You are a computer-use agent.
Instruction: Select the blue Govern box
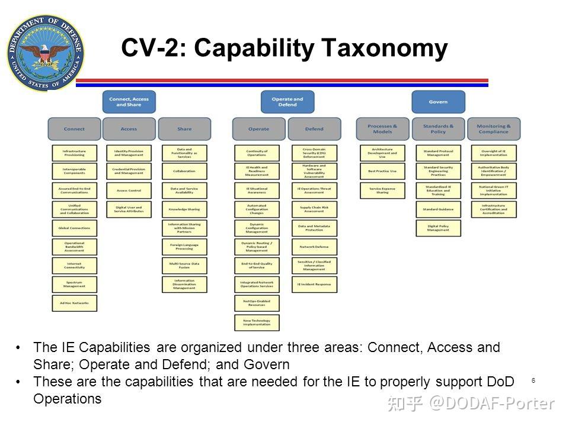point(438,102)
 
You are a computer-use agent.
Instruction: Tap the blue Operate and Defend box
point(287,102)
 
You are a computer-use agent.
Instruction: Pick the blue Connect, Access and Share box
point(129,102)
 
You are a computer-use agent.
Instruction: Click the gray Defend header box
point(314,128)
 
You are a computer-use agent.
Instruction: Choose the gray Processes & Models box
point(382,128)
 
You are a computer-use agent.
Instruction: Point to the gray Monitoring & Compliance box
point(494,128)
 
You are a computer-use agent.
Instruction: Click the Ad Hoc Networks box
point(74,303)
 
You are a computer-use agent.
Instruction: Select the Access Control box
point(129,191)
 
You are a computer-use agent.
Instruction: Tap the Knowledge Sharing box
point(184,209)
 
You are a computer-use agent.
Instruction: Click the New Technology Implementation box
point(257,322)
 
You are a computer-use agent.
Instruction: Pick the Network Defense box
point(314,247)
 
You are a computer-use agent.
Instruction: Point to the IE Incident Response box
point(314,284)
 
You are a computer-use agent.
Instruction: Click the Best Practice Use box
point(382,172)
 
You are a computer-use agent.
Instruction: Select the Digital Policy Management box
point(438,228)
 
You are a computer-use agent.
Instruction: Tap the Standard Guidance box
point(438,209)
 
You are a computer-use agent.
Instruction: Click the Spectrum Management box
point(74,284)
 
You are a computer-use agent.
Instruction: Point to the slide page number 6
point(533,380)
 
